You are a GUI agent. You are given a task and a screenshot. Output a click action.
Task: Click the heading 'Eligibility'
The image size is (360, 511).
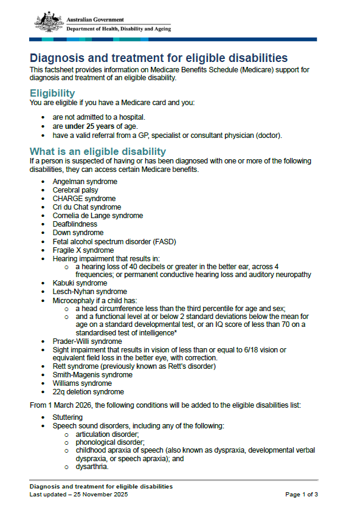[52, 93]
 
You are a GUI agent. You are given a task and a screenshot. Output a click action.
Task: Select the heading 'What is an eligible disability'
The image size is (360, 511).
[97, 151]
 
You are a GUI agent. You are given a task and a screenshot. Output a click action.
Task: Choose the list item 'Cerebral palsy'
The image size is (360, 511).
[75, 190]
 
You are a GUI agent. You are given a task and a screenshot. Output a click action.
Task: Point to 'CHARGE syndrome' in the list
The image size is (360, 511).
[84, 199]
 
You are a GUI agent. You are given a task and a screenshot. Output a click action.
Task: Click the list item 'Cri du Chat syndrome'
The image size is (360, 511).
[86, 207]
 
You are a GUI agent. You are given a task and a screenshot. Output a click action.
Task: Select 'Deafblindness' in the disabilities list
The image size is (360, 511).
[75, 224]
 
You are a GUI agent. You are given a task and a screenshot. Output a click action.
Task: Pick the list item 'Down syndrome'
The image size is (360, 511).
[78, 233]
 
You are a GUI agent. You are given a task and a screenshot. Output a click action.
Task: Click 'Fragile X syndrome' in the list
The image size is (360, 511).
[83, 250]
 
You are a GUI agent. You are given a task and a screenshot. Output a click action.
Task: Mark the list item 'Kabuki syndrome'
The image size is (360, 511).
[80, 283]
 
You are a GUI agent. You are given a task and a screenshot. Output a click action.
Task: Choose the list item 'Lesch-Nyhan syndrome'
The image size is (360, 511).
[89, 292]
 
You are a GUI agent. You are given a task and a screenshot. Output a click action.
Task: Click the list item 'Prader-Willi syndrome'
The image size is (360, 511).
[87, 341]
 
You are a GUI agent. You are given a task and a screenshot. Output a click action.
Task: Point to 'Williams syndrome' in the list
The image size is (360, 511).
[82, 383]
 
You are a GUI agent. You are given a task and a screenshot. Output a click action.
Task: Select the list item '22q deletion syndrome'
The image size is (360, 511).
[88, 392]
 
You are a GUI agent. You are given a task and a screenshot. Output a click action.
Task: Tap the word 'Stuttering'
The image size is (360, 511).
[67, 417]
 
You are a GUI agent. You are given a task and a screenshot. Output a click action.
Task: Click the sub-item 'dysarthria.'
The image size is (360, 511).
[92, 467]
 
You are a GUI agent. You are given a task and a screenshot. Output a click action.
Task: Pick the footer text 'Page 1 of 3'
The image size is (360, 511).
[302, 495]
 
